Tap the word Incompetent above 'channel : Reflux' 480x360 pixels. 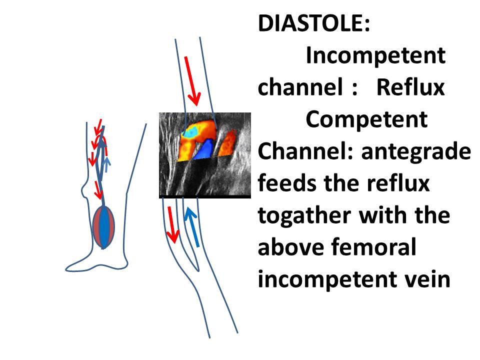pyautogui.click(x=375, y=56)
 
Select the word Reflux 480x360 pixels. pyautogui.click(x=410, y=87)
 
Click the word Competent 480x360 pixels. pyautogui.click(x=366, y=120)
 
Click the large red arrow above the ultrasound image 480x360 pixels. pyautogui.click(x=192, y=81)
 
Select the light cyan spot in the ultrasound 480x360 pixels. pyautogui.click(x=190, y=132)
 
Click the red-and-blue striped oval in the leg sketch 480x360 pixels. pyautogui.click(x=104, y=227)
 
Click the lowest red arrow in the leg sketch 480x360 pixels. pyautogui.click(x=98, y=190)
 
